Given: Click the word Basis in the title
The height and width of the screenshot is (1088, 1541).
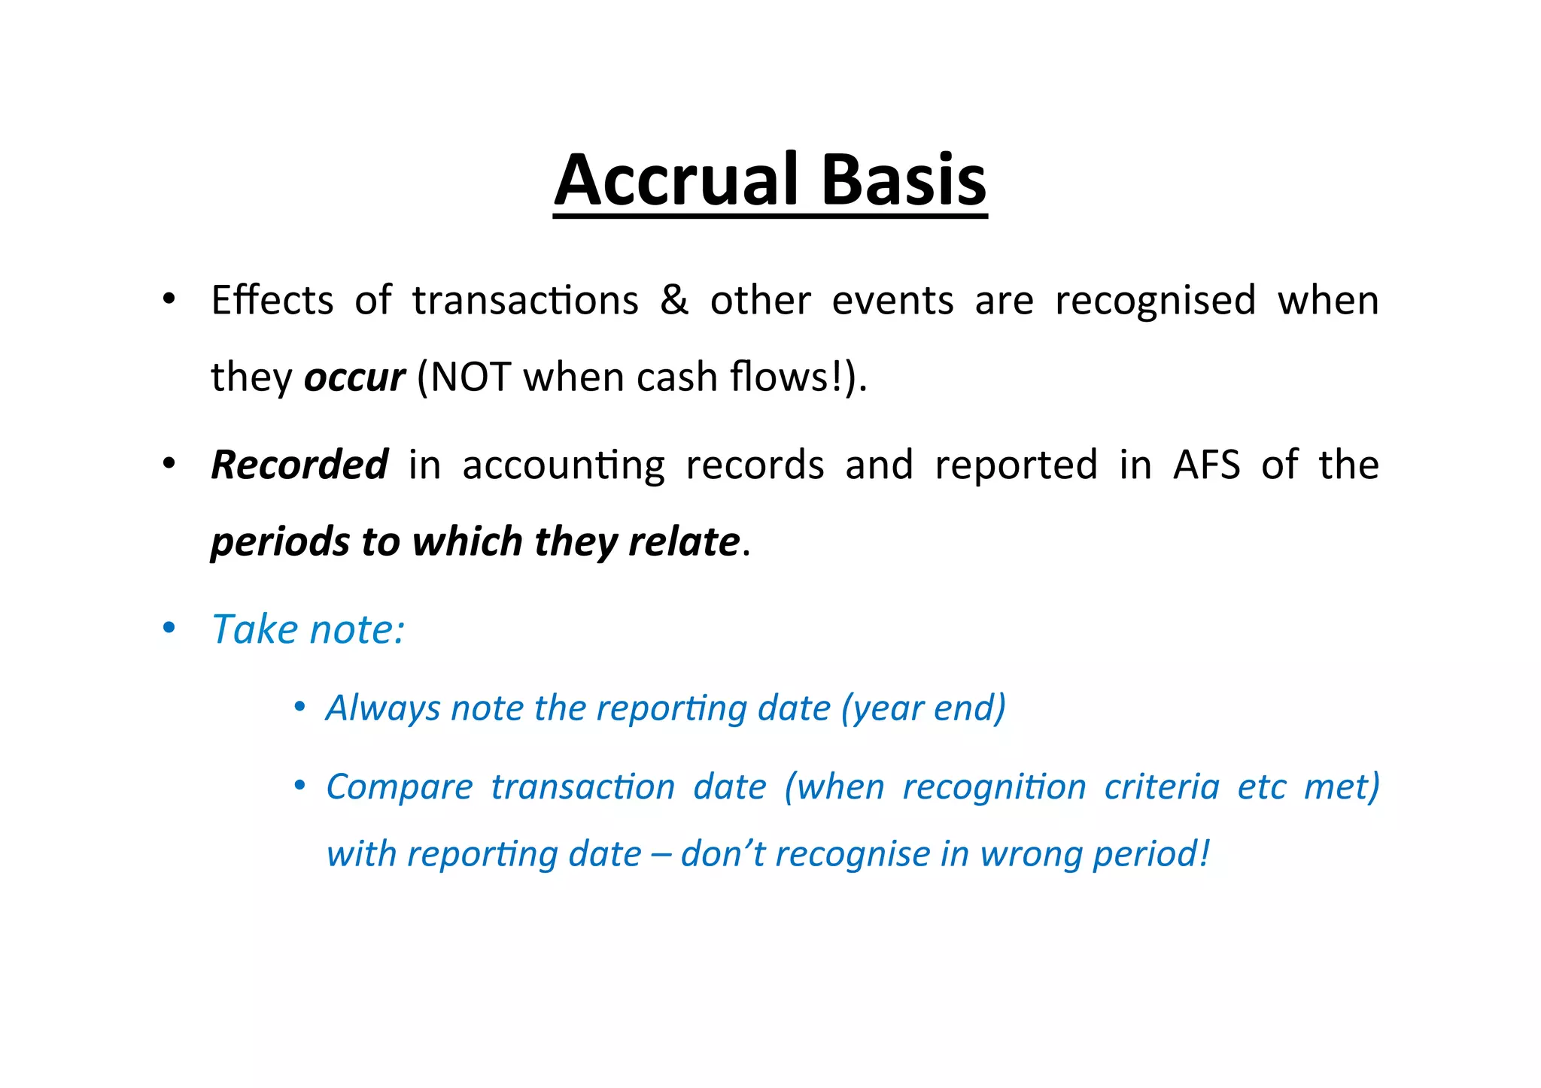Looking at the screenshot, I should (x=903, y=180).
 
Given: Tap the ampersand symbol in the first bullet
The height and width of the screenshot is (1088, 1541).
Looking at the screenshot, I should (x=673, y=300).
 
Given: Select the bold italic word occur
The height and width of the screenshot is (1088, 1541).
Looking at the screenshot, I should (x=354, y=377).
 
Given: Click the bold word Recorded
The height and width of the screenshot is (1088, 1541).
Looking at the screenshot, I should (x=299, y=465).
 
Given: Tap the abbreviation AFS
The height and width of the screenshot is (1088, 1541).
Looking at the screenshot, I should (x=1206, y=465).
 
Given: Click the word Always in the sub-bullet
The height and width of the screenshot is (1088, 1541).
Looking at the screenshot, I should (x=382, y=708).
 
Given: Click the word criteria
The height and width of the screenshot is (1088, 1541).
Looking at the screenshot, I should (x=1161, y=787).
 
